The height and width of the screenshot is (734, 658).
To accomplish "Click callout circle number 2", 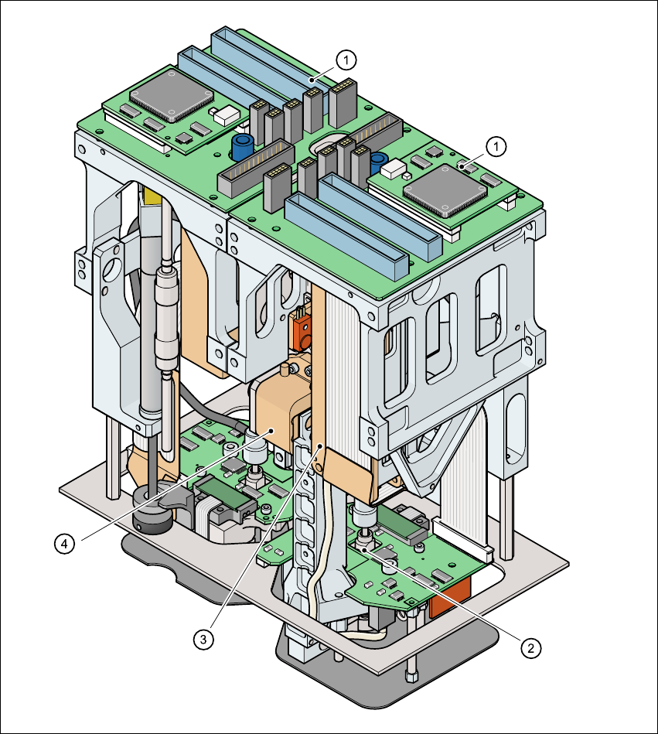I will (530, 647).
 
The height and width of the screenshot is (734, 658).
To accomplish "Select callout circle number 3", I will (203, 639).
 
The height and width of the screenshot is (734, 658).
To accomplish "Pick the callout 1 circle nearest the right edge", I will (498, 145).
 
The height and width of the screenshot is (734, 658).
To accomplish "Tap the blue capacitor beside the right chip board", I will (379, 163).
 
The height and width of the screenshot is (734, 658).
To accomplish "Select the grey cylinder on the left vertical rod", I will (166, 317).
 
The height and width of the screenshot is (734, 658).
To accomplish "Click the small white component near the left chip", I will (226, 115).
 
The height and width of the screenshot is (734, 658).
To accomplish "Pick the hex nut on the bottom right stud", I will (411, 676).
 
